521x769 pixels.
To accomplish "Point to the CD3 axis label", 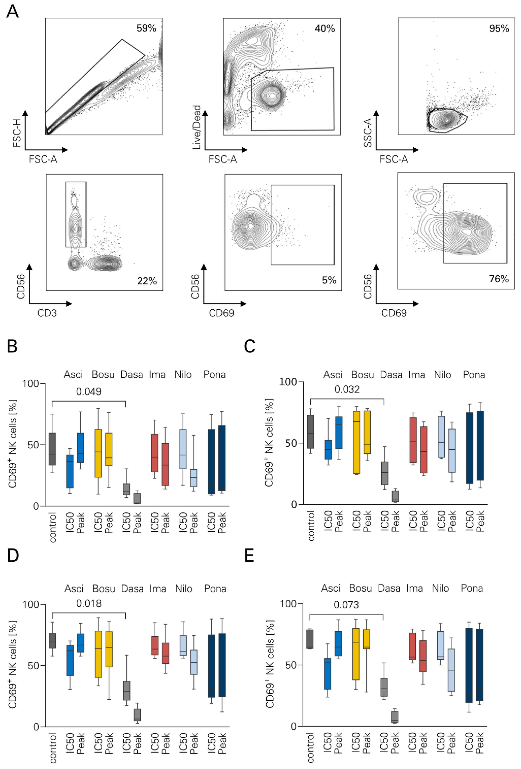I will (47, 313).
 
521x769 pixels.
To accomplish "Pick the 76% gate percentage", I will (499, 279).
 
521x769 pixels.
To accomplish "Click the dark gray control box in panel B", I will (52, 449).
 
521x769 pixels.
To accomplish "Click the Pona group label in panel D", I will (215, 589).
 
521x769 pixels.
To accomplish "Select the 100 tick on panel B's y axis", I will (30, 384).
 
